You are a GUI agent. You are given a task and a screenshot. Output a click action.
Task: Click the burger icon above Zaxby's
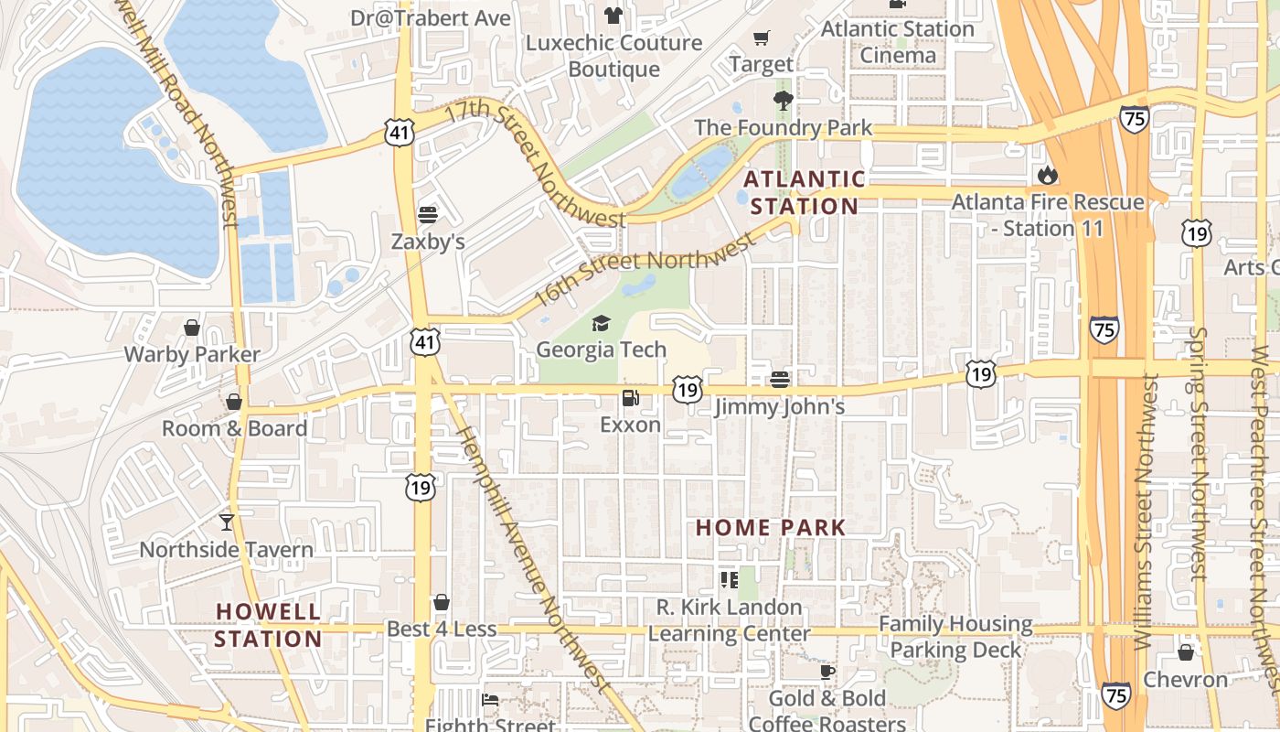(428, 215)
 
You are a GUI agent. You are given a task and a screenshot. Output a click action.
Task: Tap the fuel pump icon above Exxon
(630, 398)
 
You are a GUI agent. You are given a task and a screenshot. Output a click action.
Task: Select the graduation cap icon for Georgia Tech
(601, 323)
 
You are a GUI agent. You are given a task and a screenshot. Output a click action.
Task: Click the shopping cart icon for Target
(761, 38)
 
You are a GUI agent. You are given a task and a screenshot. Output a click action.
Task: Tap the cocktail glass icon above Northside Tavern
(226, 522)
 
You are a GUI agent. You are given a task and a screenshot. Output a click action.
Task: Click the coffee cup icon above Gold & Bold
(827, 672)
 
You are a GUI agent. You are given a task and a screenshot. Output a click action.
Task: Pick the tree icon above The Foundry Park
(783, 100)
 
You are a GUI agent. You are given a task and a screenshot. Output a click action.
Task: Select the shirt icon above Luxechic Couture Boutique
(613, 16)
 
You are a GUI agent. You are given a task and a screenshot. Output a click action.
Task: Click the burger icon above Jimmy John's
(779, 379)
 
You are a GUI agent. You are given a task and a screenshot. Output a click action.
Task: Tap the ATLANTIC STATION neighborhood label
(804, 192)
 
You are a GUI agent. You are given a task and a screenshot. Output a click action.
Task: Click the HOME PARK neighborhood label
(771, 528)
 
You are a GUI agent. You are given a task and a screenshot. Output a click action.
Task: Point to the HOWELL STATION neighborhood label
(269, 625)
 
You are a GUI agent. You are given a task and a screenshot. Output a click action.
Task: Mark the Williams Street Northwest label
(1144, 512)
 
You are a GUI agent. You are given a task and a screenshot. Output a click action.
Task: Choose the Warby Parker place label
(192, 354)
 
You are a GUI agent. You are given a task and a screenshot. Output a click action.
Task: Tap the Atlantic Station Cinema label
(898, 42)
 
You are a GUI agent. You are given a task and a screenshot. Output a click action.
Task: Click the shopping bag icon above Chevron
(1186, 652)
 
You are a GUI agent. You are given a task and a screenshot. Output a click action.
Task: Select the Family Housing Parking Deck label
(955, 637)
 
